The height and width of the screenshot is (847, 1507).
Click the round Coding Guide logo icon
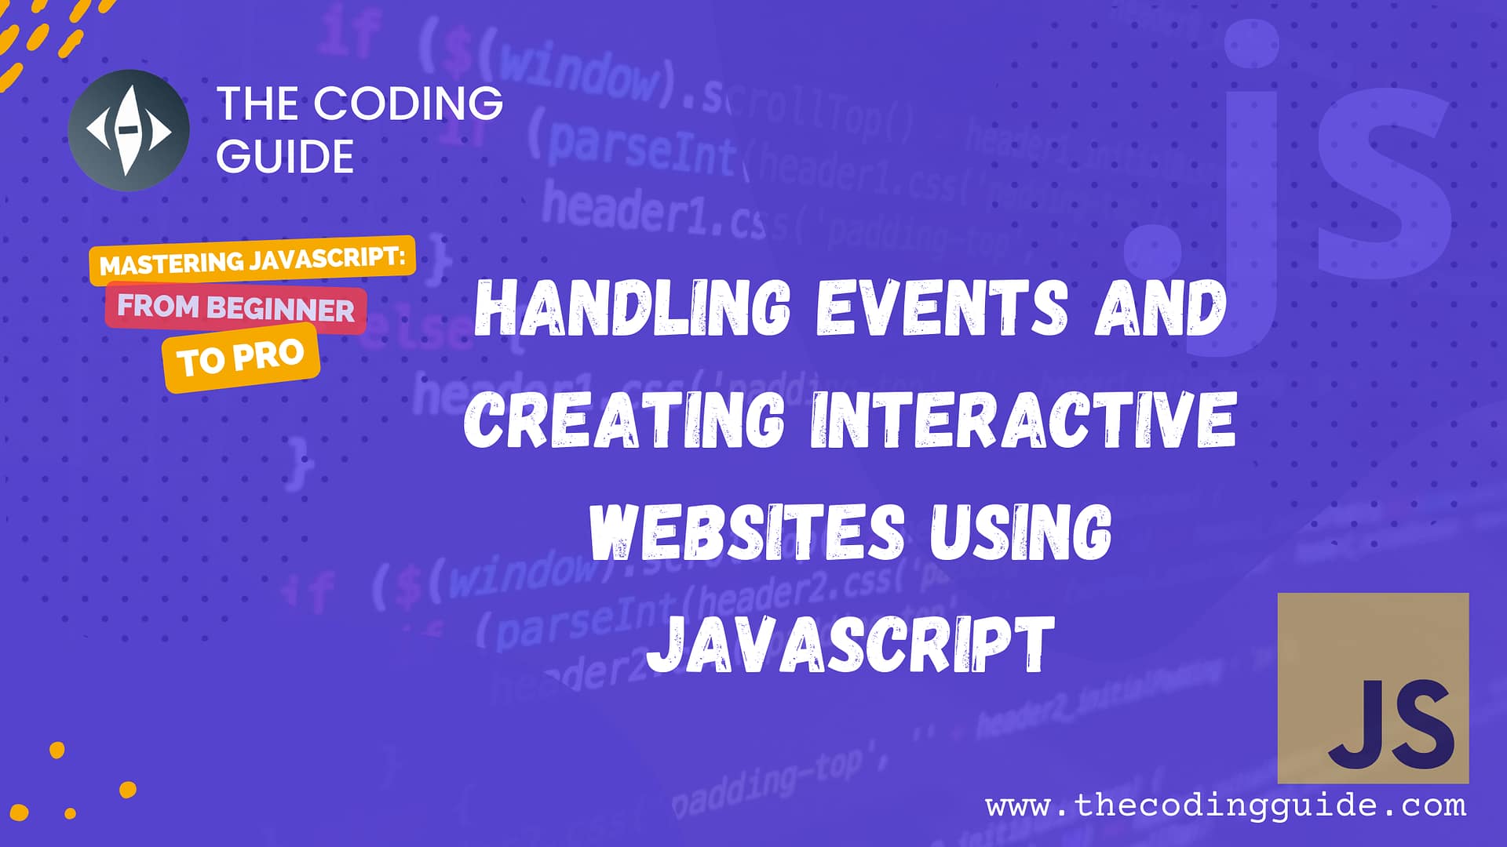pos(128,130)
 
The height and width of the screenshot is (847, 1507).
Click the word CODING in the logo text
pos(408,104)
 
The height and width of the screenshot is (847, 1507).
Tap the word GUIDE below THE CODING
pos(285,156)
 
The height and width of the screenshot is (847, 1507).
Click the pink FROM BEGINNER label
pos(235,307)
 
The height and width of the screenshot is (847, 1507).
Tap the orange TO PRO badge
pos(240,358)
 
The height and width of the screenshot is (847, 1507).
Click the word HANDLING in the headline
pos(633,307)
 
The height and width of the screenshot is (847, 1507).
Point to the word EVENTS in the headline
pos(942,307)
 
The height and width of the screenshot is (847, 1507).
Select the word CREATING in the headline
pos(624,420)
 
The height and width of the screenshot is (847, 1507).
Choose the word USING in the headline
pos(1020,533)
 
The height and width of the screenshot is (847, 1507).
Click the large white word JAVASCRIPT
pos(851,645)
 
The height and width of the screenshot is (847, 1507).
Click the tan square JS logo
pos(1373,688)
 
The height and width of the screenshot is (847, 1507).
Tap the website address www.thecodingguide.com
pos(1225,805)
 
